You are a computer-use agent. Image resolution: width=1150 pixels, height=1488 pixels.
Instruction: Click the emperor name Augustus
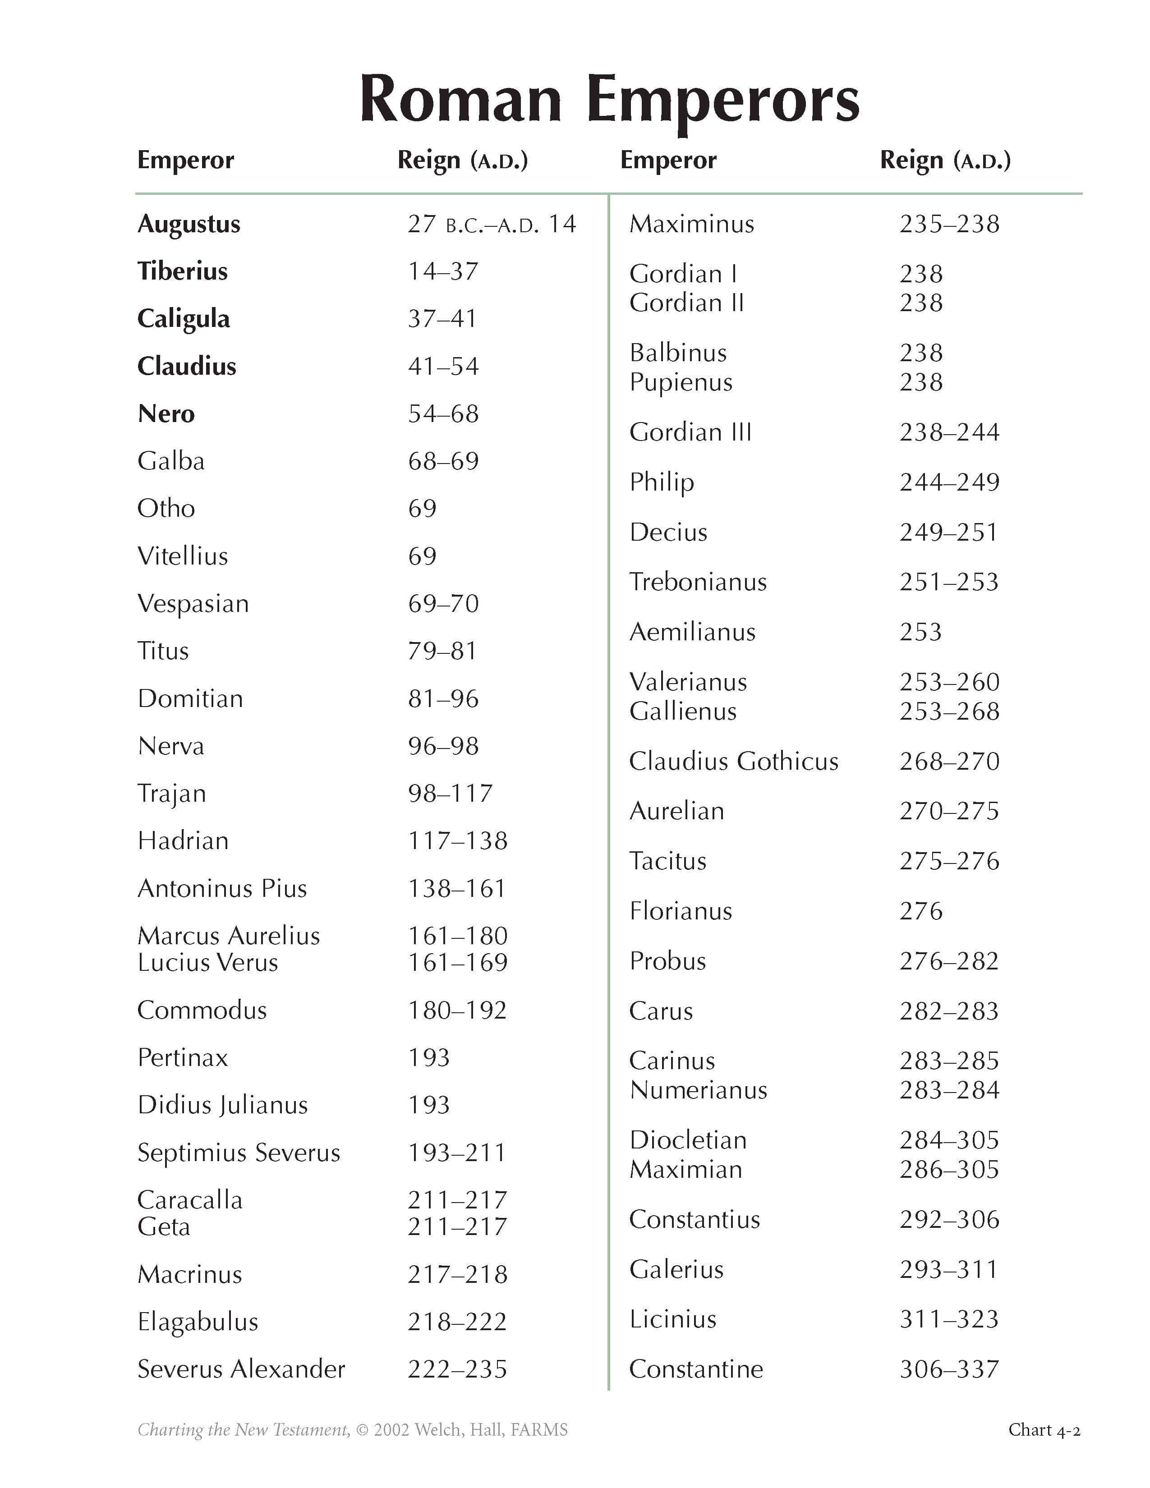(x=189, y=224)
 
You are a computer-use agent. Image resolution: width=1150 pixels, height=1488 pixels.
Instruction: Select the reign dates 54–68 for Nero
(x=443, y=413)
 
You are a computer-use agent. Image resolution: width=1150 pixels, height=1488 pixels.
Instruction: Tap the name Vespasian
(x=193, y=604)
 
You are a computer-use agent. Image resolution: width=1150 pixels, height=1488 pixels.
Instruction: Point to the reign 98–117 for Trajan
(x=451, y=793)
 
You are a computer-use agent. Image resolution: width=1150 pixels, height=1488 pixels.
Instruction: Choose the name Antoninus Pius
(x=222, y=888)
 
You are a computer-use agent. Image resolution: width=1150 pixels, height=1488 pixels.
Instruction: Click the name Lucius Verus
(x=208, y=962)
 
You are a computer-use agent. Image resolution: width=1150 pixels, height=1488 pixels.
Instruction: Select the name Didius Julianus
(x=223, y=1105)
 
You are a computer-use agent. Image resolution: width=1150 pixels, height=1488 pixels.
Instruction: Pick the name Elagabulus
(x=198, y=1322)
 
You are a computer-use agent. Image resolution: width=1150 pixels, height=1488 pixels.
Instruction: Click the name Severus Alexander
(x=241, y=1369)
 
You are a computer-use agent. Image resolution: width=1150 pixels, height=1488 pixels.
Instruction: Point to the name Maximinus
(x=691, y=224)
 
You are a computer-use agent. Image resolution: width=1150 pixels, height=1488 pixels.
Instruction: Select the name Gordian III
(x=690, y=432)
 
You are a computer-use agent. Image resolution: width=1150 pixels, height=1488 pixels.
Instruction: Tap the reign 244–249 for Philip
(x=949, y=482)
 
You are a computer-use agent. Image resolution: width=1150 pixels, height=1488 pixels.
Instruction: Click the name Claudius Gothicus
(x=734, y=761)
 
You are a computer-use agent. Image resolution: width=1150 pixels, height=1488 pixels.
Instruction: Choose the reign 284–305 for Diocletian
(x=949, y=1140)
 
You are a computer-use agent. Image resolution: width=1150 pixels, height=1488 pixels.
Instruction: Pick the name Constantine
(x=695, y=1369)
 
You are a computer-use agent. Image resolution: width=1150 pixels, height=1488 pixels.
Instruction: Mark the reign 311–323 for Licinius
(x=949, y=1320)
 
